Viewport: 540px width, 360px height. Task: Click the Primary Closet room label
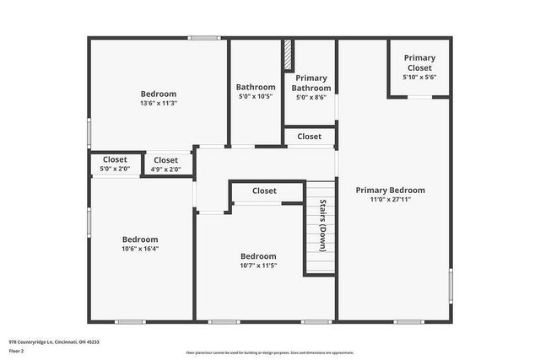point(418,62)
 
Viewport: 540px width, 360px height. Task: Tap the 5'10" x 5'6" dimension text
point(418,78)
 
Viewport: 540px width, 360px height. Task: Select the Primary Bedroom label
point(390,190)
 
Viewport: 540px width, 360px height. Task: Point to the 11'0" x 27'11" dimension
point(390,200)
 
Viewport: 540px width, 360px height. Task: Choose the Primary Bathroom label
point(310,83)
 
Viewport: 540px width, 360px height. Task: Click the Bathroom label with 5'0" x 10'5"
point(255,87)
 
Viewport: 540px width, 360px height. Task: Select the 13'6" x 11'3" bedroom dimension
point(158,103)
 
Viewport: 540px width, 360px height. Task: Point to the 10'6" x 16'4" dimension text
point(140,249)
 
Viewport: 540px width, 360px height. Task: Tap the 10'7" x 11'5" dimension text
point(258,266)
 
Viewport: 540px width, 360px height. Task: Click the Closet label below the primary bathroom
point(309,136)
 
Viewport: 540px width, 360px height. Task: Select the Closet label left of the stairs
point(264,191)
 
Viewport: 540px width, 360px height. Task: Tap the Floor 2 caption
point(17,351)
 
